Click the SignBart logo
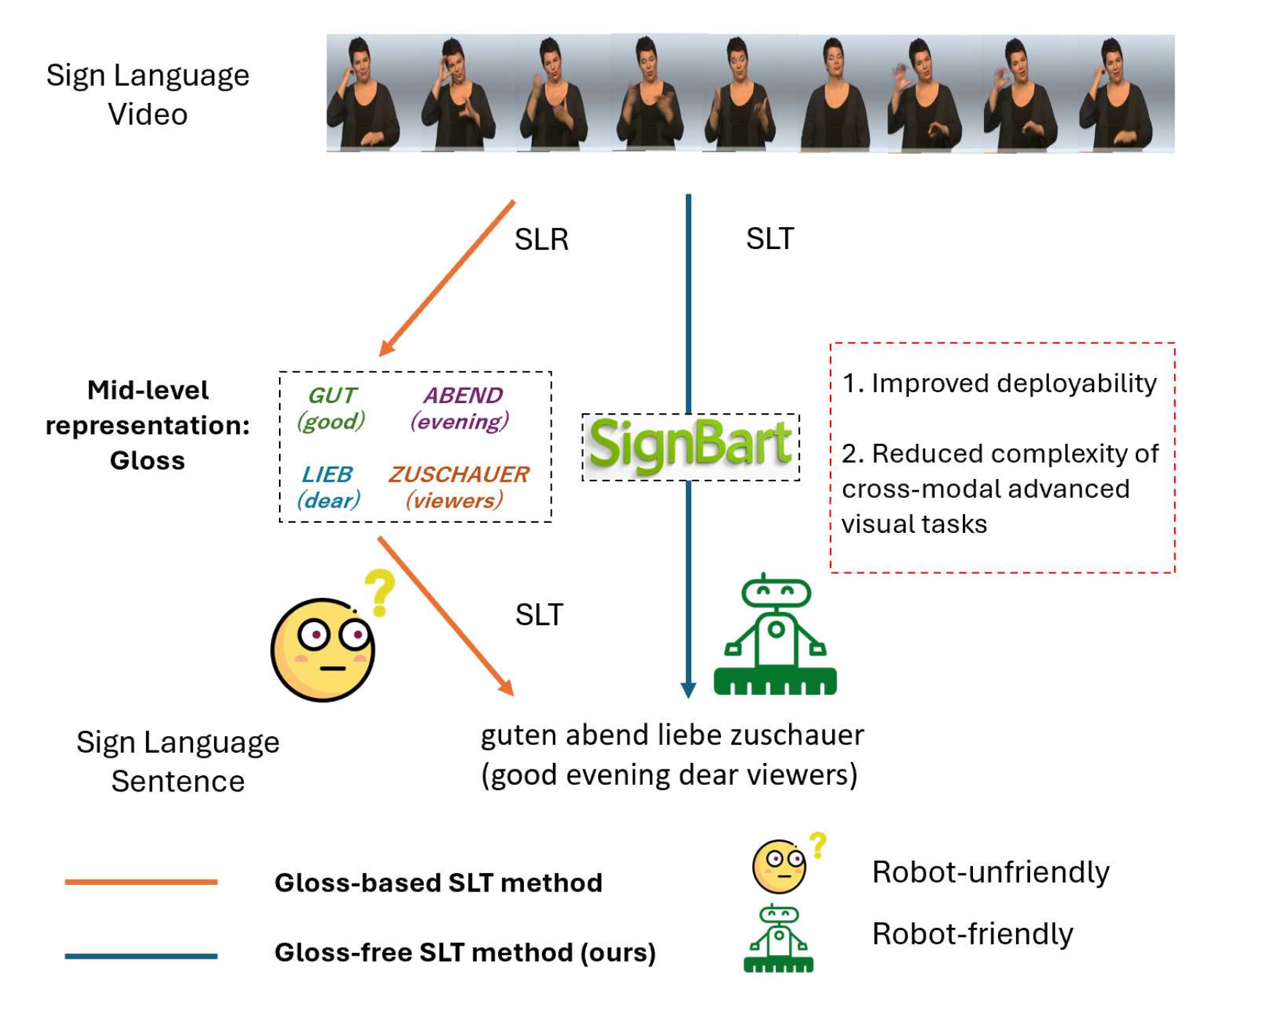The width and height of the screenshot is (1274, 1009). pos(690,445)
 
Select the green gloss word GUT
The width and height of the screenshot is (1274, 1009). pos(332,395)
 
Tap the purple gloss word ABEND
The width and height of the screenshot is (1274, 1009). pos(463,395)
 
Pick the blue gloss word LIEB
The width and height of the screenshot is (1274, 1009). pos(327,475)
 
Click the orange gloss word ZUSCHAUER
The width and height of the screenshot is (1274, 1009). pos(459,475)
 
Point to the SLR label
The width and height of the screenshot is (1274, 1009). pos(541,239)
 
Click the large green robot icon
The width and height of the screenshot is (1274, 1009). pos(776,635)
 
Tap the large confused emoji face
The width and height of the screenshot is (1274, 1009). pos(324,649)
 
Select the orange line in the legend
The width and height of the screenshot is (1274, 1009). pos(141,882)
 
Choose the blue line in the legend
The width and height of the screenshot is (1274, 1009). pos(141,955)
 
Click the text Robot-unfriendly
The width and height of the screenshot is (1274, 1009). pos(991,872)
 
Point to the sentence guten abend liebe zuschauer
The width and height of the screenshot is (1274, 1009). pos(672,735)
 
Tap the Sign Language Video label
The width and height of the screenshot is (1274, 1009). pos(148,95)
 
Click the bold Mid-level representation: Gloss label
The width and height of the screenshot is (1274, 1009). pos(148,425)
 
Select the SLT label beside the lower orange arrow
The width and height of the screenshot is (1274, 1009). pos(539,615)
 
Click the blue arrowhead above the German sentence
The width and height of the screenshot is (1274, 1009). pos(688,690)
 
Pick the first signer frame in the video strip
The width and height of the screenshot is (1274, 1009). pos(364,93)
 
